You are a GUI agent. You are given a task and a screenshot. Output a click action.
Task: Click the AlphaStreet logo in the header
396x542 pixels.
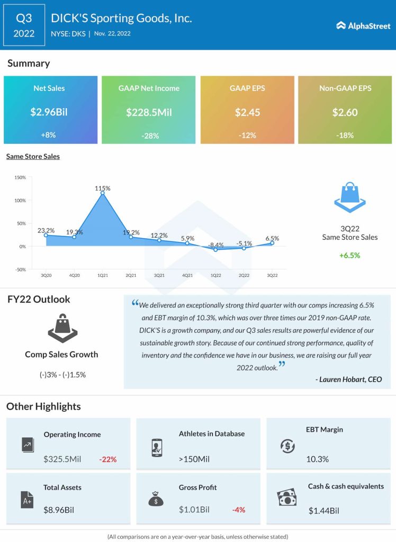coord(363,25)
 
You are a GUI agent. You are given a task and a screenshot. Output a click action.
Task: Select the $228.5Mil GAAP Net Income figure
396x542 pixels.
coord(149,112)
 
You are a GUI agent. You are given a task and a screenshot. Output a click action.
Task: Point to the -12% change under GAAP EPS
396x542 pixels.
coord(247,135)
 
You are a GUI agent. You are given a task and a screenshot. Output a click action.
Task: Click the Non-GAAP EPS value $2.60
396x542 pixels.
coord(345,112)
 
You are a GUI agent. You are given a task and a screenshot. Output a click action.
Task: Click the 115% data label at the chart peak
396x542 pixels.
coord(103,188)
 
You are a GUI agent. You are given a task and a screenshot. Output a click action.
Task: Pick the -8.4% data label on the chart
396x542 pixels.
coord(215,245)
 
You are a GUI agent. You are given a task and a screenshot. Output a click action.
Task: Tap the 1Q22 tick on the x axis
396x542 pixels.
coord(215,275)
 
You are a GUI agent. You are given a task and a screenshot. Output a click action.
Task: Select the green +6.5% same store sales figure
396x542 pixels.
coord(350,255)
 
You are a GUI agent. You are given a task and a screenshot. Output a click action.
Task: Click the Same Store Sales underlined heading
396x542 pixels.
coord(33,157)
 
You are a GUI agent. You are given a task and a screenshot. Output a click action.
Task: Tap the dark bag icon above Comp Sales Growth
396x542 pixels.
coord(62,328)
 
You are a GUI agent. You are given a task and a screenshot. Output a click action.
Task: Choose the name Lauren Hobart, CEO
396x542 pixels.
coord(348,379)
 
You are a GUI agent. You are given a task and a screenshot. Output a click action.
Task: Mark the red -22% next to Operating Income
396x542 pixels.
coord(108,459)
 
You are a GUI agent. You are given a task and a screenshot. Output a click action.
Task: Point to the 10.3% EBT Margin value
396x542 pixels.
coord(317,459)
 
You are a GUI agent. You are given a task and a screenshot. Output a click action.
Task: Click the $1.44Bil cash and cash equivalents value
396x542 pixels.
coord(323,511)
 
